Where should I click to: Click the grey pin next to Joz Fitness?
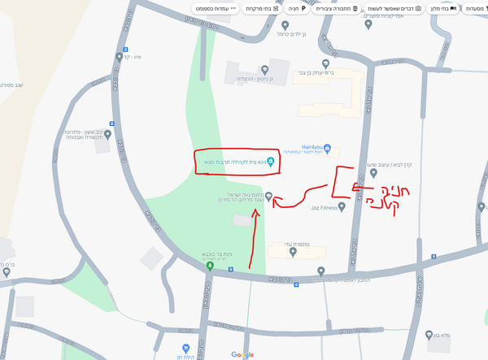(342, 207)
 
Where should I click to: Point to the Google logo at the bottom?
(242, 354)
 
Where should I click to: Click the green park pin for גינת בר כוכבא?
(210, 265)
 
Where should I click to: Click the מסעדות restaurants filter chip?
(470, 8)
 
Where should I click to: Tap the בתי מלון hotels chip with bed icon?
(438, 8)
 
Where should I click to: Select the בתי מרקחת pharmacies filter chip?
(259, 8)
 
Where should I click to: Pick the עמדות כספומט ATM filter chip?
(216, 8)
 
